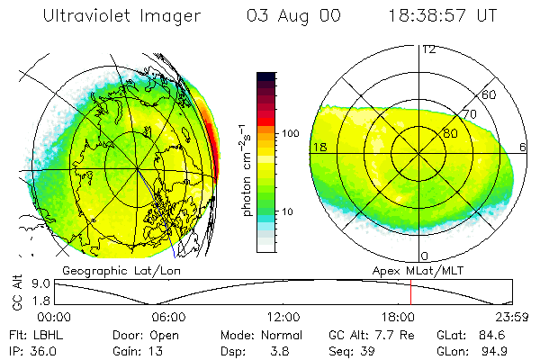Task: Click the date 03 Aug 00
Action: click(x=291, y=15)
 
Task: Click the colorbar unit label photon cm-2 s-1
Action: click(x=247, y=172)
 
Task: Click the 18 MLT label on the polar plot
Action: click(x=319, y=148)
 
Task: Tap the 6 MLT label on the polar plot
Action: click(x=524, y=148)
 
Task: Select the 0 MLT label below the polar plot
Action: click(x=424, y=256)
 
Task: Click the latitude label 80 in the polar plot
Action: click(x=451, y=133)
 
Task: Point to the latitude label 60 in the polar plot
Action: click(x=490, y=94)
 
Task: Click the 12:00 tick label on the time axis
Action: click(x=283, y=317)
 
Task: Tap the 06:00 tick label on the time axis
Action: click(x=168, y=317)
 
